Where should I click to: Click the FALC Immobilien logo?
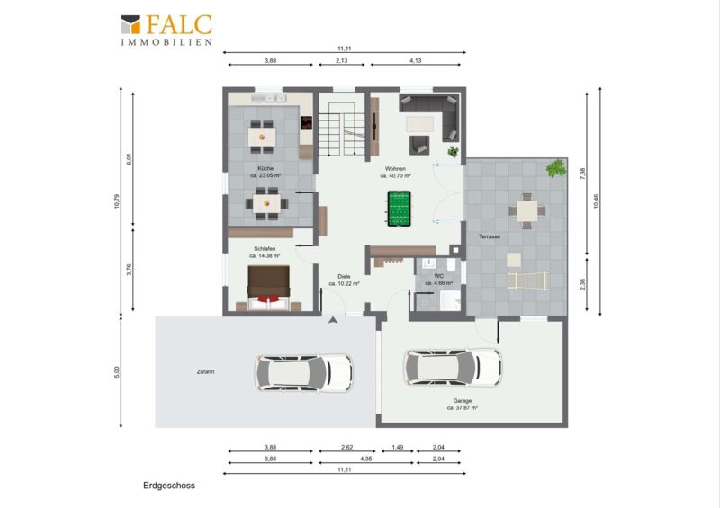click(166, 31)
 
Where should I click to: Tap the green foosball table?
click(399, 209)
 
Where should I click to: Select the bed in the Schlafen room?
click(269, 289)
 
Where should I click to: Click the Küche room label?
click(265, 168)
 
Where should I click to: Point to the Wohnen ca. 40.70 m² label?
click(395, 172)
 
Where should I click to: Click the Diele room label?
click(344, 276)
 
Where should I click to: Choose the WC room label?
click(439, 276)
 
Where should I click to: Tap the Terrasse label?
click(490, 236)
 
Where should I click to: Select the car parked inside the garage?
click(454, 367)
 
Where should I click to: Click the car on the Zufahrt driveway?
click(304, 372)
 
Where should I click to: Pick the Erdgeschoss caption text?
click(169, 486)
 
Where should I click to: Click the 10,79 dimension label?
click(117, 201)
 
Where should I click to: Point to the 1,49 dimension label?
click(398, 447)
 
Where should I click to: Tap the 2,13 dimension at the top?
click(342, 60)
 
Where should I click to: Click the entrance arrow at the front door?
click(333, 320)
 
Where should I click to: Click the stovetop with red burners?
click(306, 122)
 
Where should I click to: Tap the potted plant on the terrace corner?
click(556, 168)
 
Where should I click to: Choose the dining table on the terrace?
click(527, 211)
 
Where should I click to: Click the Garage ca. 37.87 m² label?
click(463, 404)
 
